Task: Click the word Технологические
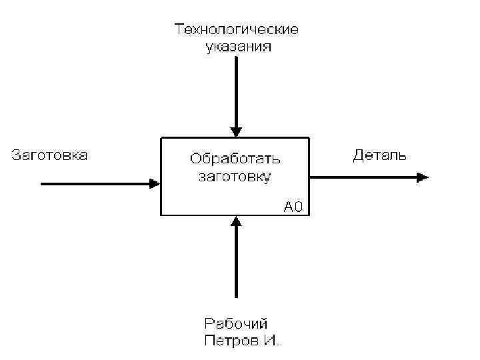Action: [237, 29]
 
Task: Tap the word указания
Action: [237, 47]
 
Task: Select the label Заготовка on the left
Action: [50, 155]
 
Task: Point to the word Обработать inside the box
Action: [235, 159]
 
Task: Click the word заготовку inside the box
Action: [235, 177]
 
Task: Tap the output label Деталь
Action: [379, 157]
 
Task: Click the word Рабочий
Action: [236, 324]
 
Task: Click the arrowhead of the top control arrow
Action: [236, 131]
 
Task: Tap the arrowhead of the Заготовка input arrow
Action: [155, 183]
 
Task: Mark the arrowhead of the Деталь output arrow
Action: [423, 177]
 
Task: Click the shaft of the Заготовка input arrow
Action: [93, 183]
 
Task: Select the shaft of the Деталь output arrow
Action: [363, 177]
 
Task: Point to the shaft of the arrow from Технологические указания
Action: [236, 90]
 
